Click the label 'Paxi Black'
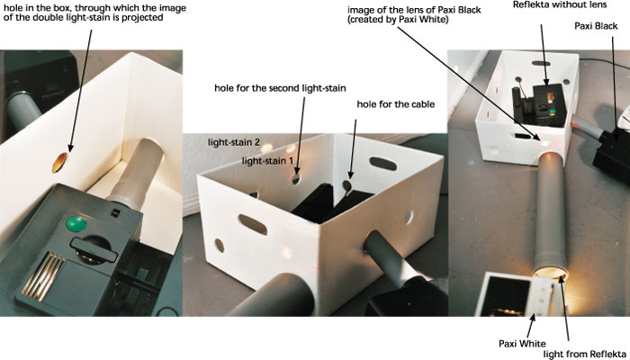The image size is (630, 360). (596, 26)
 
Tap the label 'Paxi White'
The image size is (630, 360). (522, 344)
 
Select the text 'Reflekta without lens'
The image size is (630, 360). (560, 4)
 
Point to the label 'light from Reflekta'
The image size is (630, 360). (585, 355)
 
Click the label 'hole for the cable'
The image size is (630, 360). (396, 104)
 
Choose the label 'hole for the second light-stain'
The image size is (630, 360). (280, 88)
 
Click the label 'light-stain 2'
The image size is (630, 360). (234, 142)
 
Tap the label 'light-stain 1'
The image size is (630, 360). (267, 161)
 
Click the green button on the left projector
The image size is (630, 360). (76, 224)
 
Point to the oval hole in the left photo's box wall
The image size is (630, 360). (59, 163)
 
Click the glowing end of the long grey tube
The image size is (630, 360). (551, 274)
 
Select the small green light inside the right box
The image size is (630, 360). (552, 112)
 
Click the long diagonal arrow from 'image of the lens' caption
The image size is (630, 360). (468, 83)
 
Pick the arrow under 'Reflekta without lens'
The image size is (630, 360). (544, 55)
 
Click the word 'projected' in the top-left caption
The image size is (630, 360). (144, 18)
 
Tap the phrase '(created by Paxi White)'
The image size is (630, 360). (398, 19)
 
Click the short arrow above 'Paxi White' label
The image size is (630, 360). (530, 326)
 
